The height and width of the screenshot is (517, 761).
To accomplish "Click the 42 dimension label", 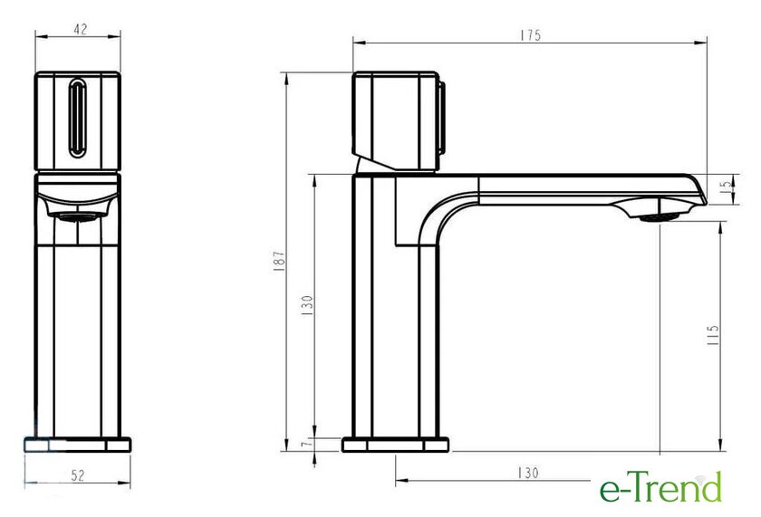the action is (x=81, y=29).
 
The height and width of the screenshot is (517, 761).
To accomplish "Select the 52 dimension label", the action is (x=78, y=475).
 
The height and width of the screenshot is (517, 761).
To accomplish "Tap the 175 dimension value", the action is (x=531, y=35).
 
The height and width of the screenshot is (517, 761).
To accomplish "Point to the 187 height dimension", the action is (x=279, y=261).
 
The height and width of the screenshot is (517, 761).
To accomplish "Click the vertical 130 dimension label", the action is (x=307, y=305).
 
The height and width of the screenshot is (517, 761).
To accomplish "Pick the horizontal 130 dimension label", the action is (x=528, y=473).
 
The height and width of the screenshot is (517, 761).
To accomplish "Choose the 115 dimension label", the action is (x=713, y=335).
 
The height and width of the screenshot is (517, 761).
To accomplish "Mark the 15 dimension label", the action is (x=727, y=185).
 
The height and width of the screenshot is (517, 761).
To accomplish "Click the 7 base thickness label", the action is (x=304, y=445).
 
